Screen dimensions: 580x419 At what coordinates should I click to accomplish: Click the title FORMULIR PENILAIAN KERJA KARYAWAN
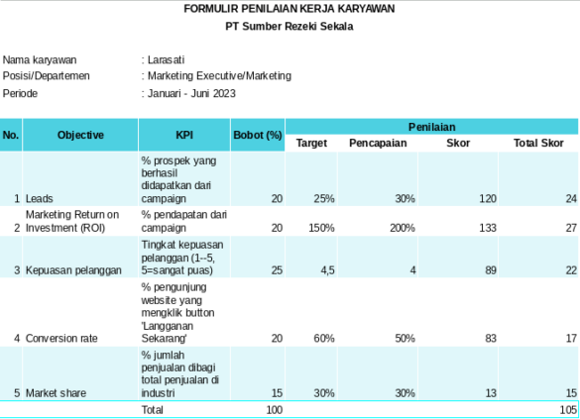tap(290, 9)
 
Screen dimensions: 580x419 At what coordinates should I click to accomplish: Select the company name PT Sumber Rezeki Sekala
tap(290, 27)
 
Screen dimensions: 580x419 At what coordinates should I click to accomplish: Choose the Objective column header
tap(80, 135)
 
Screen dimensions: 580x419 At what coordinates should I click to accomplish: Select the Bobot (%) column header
tap(258, 135)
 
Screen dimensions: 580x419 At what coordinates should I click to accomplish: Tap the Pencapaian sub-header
tap(376, 144)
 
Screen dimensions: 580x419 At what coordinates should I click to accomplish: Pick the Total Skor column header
tap(537, 144)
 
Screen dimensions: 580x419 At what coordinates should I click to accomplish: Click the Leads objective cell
tap(41, 199)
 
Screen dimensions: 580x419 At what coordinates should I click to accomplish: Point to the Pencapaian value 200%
tap(401, 228)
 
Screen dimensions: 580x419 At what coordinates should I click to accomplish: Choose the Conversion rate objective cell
tap(61, 339)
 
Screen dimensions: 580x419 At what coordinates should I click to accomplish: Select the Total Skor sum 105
tap(567, 409)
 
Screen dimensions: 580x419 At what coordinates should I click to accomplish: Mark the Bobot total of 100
tap(274, 409)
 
